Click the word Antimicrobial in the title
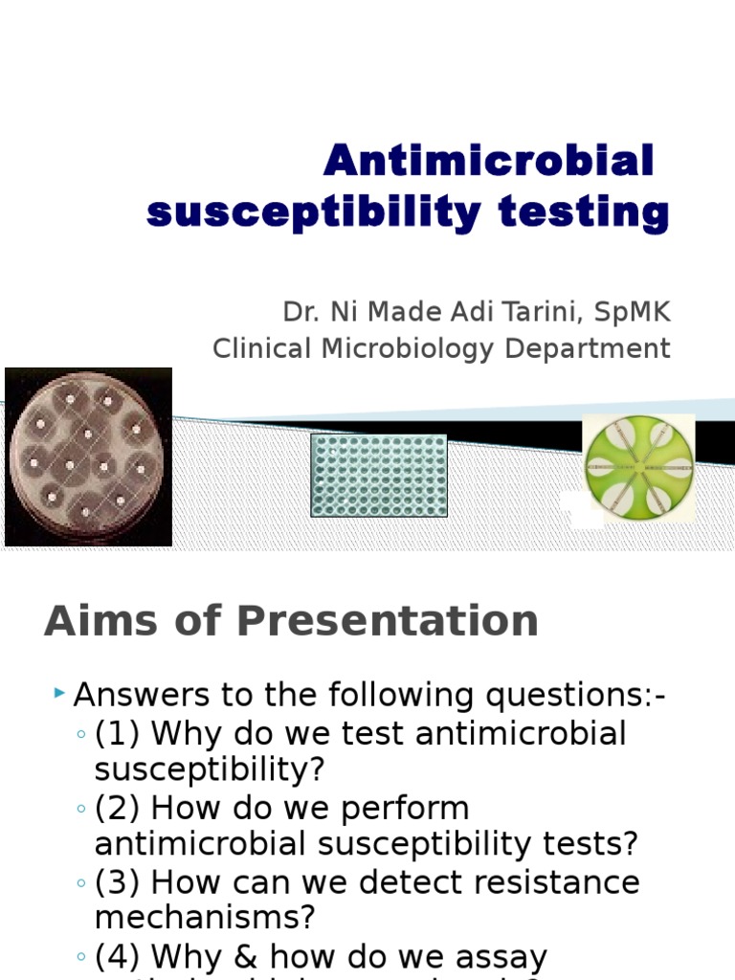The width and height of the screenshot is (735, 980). [x=488, y=161]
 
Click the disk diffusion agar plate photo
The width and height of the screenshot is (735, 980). [x=88, y=457]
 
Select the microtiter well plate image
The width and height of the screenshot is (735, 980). [x=379, y=475]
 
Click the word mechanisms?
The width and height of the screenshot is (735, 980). [x=205, y=918]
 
